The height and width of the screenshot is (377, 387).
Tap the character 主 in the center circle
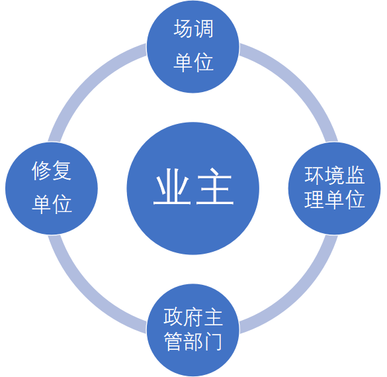214,188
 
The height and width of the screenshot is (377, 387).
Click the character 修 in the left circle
42,171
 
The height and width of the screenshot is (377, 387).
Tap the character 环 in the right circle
314,175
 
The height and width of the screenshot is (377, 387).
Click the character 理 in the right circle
314,199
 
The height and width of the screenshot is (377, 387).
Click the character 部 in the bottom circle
193,343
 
